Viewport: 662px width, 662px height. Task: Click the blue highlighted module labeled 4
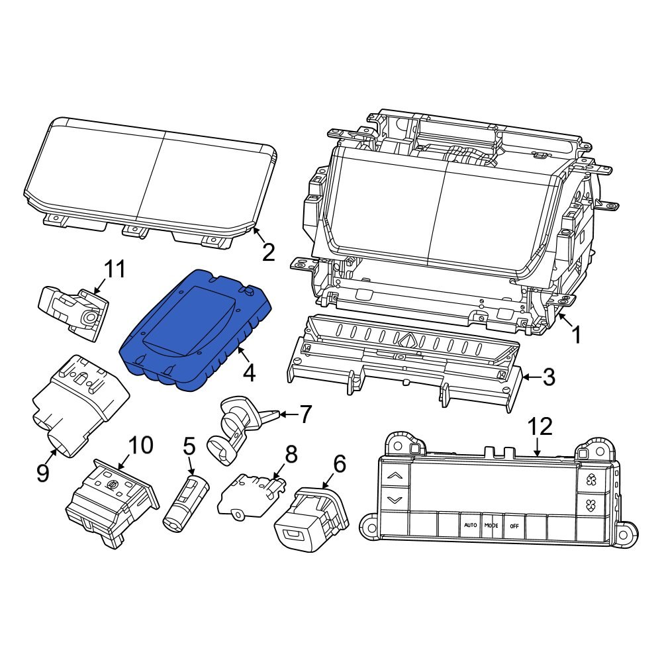[x=195, y=331]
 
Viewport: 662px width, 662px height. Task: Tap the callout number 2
[x=268, y=252]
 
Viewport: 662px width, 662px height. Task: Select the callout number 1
[x=576, y=335]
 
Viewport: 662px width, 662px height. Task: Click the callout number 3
[x=549, y=378]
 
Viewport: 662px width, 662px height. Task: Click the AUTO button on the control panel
[x=470, y=525]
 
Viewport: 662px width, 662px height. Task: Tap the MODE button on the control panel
[x=491, y=525]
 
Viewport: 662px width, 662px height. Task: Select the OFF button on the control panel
[x=514, y=525]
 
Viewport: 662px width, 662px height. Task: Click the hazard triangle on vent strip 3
[x=408, y=341]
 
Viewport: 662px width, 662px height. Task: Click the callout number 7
[x=305, y=415]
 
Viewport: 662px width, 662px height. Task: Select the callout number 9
[x=43, y=473]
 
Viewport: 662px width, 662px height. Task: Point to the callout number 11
[x=115, y=269]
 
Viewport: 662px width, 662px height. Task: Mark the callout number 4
[x=249, y=374]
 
